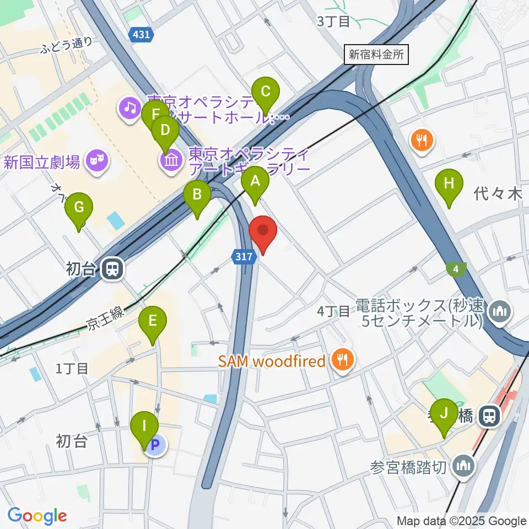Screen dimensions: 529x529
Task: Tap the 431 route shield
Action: click(x=141, y=35)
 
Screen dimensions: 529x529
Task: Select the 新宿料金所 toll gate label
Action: click(x=377, y=55)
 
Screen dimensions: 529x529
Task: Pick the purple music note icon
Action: click(x=130, y=106)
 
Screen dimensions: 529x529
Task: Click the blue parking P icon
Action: click(x=156, y=444)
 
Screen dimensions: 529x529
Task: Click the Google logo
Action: click(x=37, y=515)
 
